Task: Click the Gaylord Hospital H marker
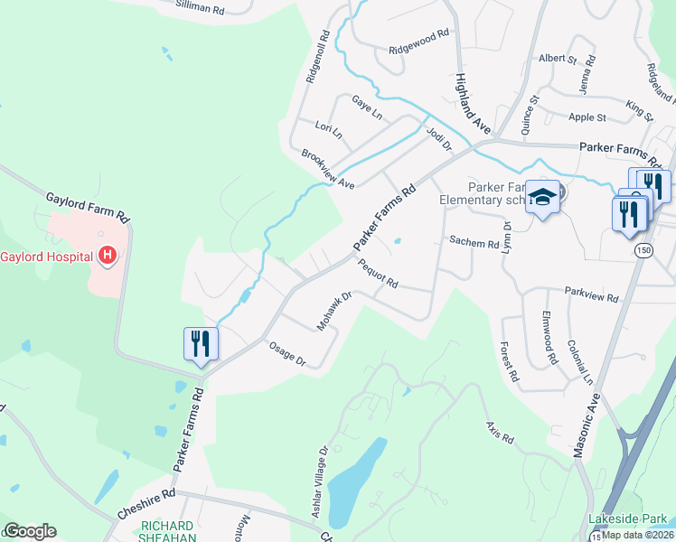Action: pyautogui.click(x=108, y=257)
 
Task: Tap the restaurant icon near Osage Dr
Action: pyautogui.click(x=200, y=343)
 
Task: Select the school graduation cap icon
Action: pyautogui.click(x=542, y=196)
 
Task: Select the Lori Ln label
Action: pyautogui.click(x=329, y=131)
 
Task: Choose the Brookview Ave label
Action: pyautogui.click(x=328, y=169)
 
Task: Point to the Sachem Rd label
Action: pyautogui.click(x=474, y=243)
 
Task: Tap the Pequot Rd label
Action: pyautogui.click(x=379, y=272)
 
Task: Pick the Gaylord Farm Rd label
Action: pyautogui.click(x=89, y=207)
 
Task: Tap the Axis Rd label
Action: pyautogui.click(x=499, y=433)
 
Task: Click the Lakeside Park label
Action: pyautogui.click(x=626, y=519)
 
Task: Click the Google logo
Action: pyautogui.click(x=31, y=531)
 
